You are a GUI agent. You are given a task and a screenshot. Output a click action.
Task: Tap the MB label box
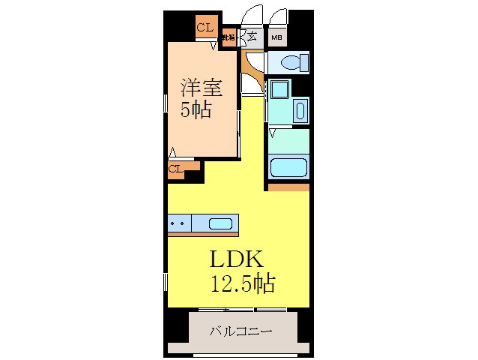pos(276,36)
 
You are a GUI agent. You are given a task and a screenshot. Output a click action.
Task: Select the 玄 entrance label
pos(252,36)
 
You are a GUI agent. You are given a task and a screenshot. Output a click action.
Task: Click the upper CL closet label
pos(205,28)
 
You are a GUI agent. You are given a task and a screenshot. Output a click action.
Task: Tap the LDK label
pos(235,260)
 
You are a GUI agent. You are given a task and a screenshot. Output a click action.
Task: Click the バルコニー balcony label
pos(240,330)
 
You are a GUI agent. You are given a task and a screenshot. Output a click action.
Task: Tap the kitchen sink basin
pos(220,223)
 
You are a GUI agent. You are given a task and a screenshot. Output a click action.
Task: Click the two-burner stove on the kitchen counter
pos(178,223)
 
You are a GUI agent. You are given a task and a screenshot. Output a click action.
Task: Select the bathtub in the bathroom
pos(289,166)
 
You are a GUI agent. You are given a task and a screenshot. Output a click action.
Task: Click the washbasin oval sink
pos(300,111)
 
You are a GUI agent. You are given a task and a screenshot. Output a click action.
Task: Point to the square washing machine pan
pos(278,89)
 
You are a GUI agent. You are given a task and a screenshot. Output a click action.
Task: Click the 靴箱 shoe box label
pos(229,36)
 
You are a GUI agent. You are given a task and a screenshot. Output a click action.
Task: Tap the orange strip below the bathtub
pos(289,186)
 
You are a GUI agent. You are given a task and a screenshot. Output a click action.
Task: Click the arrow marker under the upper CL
pos(213,46)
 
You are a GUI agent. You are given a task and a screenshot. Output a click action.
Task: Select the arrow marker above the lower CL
pos(174,153)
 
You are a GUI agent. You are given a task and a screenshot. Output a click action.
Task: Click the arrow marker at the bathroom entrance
pos(273,133)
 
